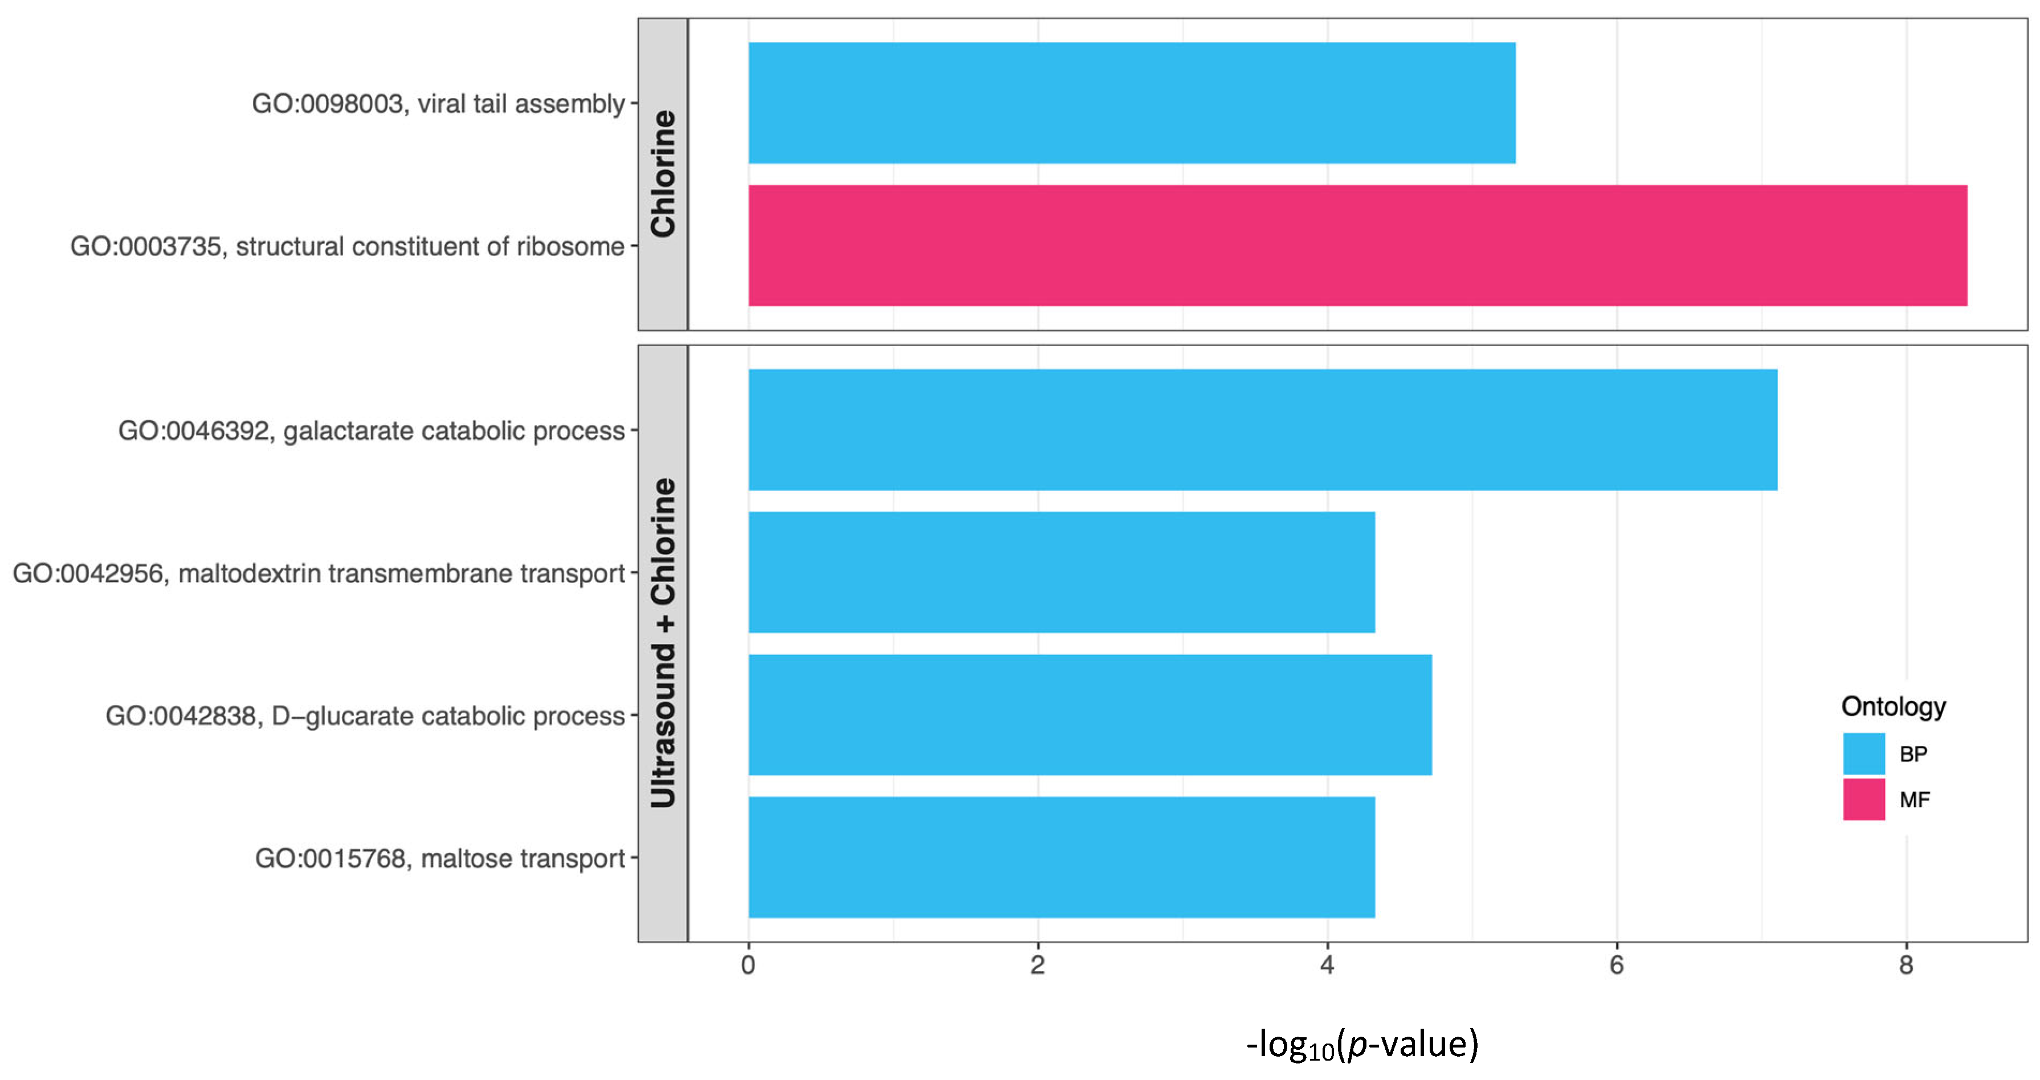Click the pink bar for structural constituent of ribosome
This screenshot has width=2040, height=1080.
[x=1357, y=246]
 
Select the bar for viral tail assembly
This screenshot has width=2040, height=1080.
[x=1132, y=103]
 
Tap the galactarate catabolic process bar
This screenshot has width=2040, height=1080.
[x=1262, y=430]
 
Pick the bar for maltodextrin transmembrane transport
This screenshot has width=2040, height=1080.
[x=1061, y=572]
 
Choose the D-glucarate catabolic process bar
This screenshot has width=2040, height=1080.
[x=1090, y=715]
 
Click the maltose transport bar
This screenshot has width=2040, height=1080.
[x=1061, y=858]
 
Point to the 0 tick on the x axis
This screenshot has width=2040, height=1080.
[x=748, y=965]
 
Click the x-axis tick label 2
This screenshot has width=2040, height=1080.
[x=1038, y=965]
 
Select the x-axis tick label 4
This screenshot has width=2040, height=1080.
[x=1327, y=965]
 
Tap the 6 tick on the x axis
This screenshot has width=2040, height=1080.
[x=1616, y=965]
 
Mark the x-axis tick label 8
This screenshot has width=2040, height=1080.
[x=1906, y=965]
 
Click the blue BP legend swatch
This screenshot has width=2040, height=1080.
[x=1863, y=754]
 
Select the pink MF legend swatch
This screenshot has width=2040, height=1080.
[x=1863, y=800]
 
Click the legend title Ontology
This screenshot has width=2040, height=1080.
[x=1894, y=706]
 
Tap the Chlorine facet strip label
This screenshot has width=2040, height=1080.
[x=663, y=174]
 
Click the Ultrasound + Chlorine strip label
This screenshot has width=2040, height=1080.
[x=663, y=643]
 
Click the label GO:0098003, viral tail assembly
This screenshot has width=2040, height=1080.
[x=438, y=104]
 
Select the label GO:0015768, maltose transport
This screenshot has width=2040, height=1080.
[x=439, y=858]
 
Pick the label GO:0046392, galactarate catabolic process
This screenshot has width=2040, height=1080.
[x=372, y=431]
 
